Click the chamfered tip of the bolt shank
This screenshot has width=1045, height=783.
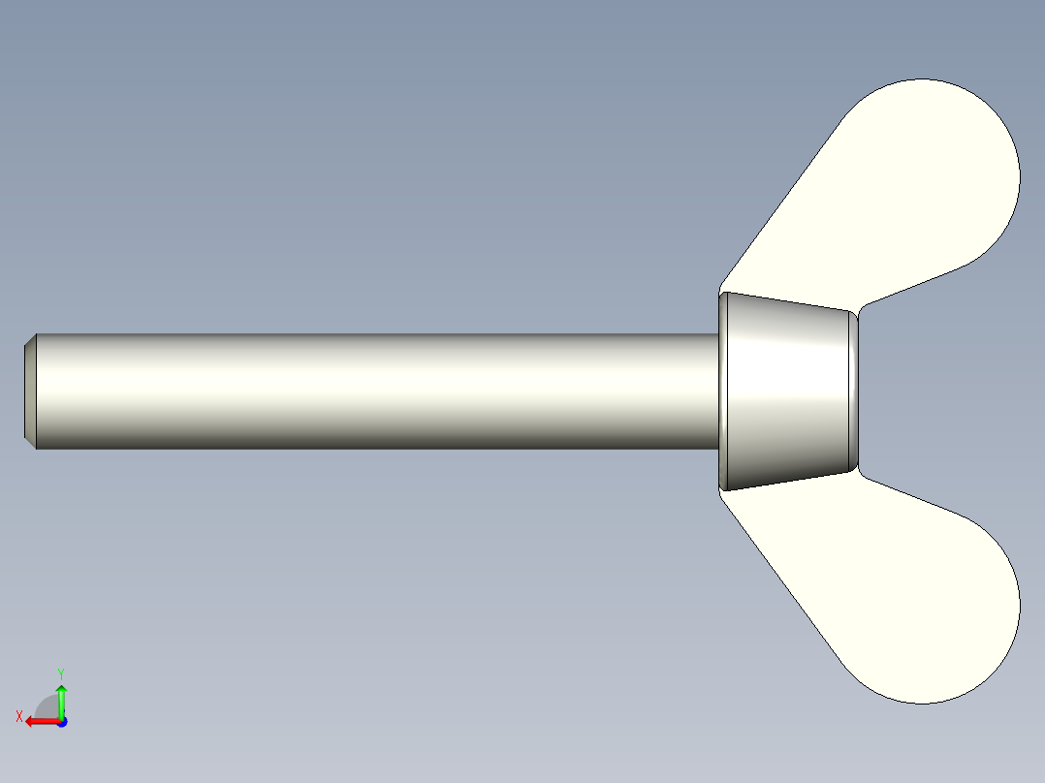tap(30, 391)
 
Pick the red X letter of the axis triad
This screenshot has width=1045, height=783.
tap(18, 716)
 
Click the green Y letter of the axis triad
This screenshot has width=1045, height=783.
tap(61, 672)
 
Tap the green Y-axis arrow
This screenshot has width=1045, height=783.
tap(61, 700)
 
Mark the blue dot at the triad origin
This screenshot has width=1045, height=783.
tap(61, 722)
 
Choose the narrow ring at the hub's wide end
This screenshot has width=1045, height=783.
tap(723, 391)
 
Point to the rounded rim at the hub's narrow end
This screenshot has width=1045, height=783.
tap(855, 391)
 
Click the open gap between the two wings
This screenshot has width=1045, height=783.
tap(950, 391)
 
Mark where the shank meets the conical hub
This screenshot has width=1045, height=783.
tap(717, 391)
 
